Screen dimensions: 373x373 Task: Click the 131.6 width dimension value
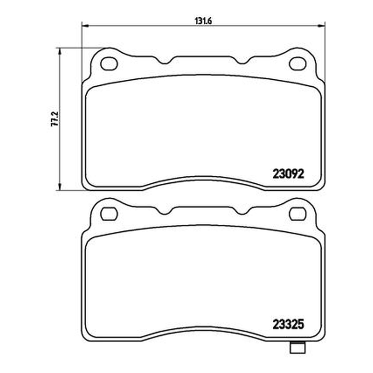click(203, 21)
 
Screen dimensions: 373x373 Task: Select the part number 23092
click(288, 173)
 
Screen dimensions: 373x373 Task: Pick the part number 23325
click(288, 324)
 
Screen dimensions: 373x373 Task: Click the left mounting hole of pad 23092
click(109, 63)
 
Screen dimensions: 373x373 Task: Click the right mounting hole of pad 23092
click(297, 63)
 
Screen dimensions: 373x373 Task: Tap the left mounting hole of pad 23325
click(109, 214)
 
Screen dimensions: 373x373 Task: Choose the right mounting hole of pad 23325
click(297, 214)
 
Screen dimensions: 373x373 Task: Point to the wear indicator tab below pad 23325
click(297, 347)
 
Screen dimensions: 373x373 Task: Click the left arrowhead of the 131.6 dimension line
click(85, 25)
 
